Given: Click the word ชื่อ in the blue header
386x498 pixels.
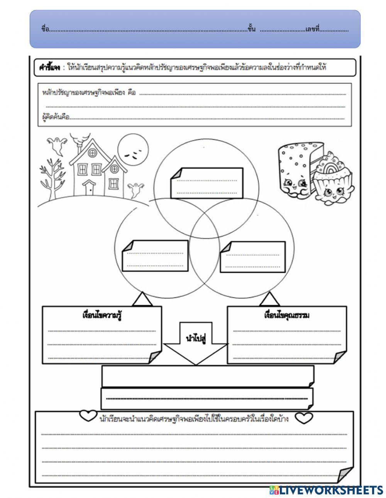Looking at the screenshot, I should click(x=45, y=29).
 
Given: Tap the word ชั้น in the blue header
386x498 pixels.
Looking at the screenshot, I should click(x=252, y=29).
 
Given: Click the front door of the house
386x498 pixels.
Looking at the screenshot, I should click(x=90, y=188).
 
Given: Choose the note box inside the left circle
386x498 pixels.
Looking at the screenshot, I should click(x=155, y=256).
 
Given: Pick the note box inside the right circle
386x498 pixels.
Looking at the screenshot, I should click(x=252, y=257).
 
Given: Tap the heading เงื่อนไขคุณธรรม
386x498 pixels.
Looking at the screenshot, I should click(x=287, y=315).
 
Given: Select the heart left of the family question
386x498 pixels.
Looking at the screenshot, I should click(x=88, y=416).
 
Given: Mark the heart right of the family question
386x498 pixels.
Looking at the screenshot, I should click(x=304, y=417).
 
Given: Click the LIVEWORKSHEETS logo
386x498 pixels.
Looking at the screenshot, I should click(x=326, y=490).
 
